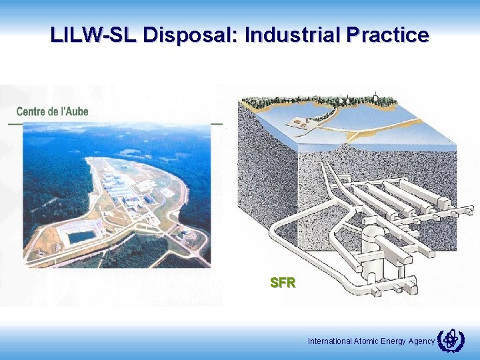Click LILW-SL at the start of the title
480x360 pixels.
pos(93,35)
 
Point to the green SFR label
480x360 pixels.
pos(283,283)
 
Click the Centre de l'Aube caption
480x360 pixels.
pos(52,111)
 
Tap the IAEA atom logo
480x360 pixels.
pos(450,340)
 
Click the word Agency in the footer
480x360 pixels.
pos(421,341)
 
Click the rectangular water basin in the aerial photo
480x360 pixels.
pos(81,236)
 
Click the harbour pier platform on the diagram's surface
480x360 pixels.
pos(301,123)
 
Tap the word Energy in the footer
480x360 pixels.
pos(393,341)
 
